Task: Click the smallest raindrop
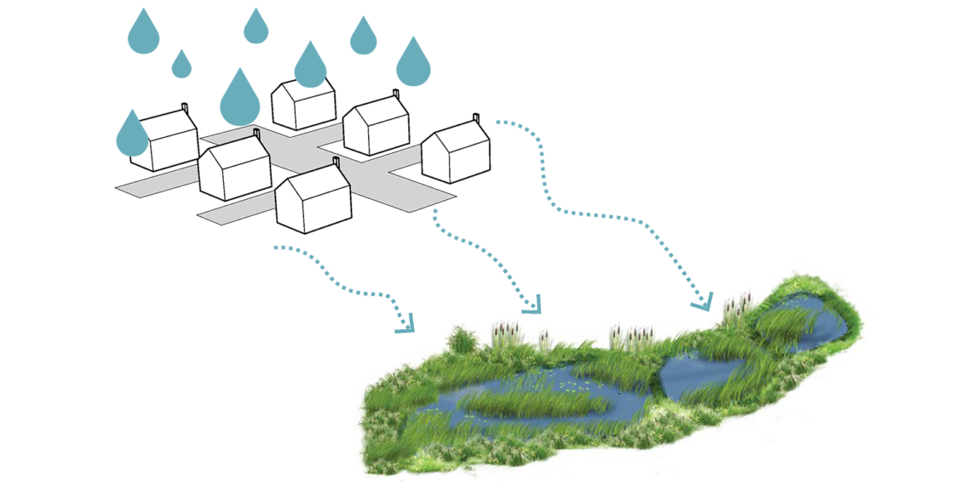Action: (181, 66)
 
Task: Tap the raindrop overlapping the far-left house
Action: (131, 134)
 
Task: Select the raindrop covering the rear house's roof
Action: (310, 66)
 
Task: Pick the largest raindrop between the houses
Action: (239, 100)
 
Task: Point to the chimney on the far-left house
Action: (185, 107)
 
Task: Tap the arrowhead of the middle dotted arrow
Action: (533, 305)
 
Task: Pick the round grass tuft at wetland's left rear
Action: (460, 340)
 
